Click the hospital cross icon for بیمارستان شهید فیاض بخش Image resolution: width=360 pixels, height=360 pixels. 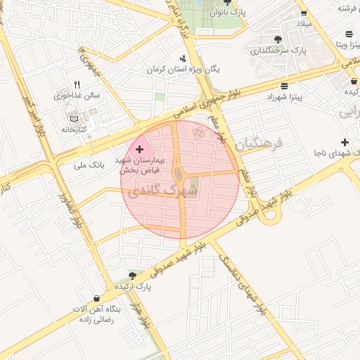tap(139, 149)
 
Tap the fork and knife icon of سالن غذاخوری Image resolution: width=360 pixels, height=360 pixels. tap(77, 84)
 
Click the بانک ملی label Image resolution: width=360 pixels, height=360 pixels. tap(89, 167)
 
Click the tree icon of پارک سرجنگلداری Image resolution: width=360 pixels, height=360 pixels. tap(278, 39)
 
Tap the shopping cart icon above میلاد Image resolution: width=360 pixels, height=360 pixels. tap(303, 13)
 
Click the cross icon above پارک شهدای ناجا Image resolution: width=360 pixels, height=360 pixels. tap(344, 142)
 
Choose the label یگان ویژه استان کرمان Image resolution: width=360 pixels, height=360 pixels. tap(184, 70)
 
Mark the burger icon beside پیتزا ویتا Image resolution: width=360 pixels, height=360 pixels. tap(349, 34)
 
